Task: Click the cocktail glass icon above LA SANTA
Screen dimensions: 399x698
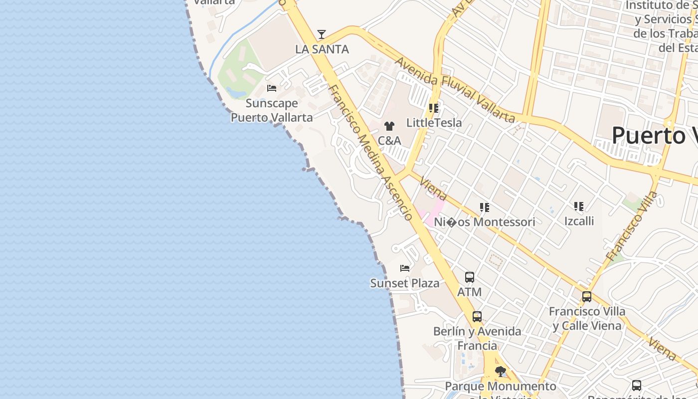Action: point(322,34)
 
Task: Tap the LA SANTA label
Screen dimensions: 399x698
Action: point(322,49)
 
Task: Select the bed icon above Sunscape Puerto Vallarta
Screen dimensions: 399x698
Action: point(272,88)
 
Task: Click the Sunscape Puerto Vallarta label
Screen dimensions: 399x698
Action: point(272,110)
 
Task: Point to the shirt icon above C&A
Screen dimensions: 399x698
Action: point(389,126)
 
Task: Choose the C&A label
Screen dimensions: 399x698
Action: point(389,141)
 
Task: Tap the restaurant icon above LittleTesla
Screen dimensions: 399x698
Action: point(434,108)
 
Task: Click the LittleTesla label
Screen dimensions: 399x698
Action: point(434,123)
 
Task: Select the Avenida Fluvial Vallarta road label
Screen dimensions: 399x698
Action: point(455,90)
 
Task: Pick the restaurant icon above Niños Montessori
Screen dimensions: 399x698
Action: point(484,207)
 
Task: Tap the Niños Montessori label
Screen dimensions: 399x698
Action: point(484,222)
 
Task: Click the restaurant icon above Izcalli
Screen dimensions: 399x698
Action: point(579,206)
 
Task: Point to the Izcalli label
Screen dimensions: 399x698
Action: point(579,220)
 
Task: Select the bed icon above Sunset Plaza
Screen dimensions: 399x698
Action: point(405,268)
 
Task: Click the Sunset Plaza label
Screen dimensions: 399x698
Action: point(405,283)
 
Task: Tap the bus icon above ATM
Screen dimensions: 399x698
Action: point(470,277)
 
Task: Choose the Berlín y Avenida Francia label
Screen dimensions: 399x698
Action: point(477,338)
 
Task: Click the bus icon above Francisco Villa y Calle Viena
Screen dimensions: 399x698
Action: point(587,297)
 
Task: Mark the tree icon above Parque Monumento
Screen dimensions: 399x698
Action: point(500,372)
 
